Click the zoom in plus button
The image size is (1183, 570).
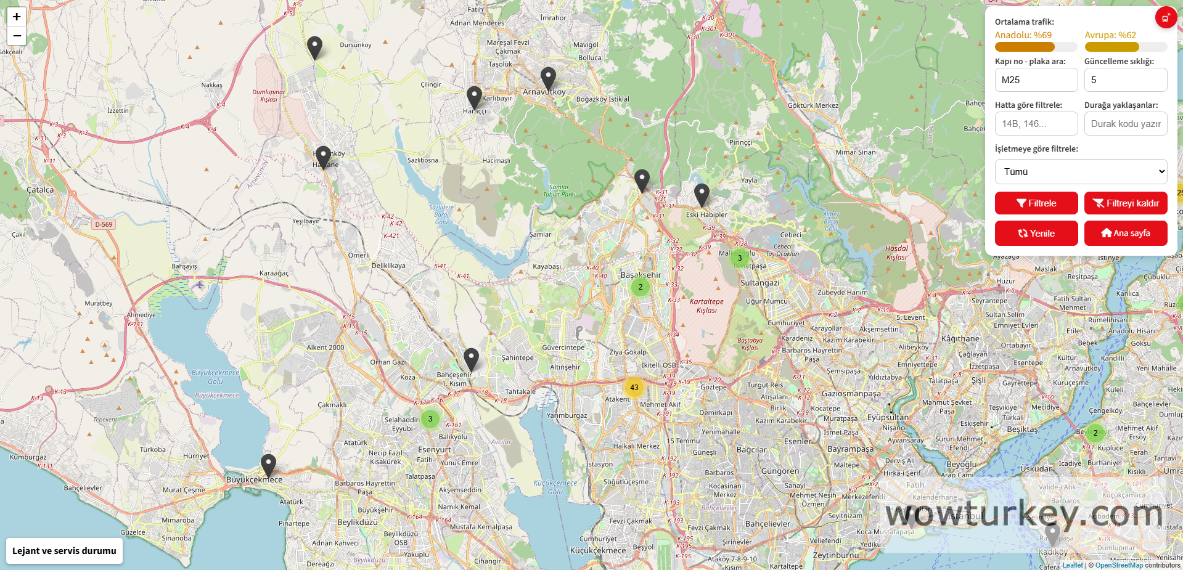17,17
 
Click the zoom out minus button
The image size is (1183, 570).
17,36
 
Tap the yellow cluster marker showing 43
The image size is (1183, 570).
634,388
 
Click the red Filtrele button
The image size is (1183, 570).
1036,203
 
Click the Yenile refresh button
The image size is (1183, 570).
1036,233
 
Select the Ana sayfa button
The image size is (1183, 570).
1125,233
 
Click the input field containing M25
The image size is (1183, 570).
1036,80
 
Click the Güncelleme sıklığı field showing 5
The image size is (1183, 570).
1125,80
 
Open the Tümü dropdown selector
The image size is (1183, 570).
1081,172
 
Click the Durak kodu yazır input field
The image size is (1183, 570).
1125,124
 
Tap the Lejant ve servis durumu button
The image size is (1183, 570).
64,551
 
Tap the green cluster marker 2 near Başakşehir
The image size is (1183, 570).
641,287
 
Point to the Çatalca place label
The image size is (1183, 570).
40,190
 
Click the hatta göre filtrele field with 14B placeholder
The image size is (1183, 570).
1036,124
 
